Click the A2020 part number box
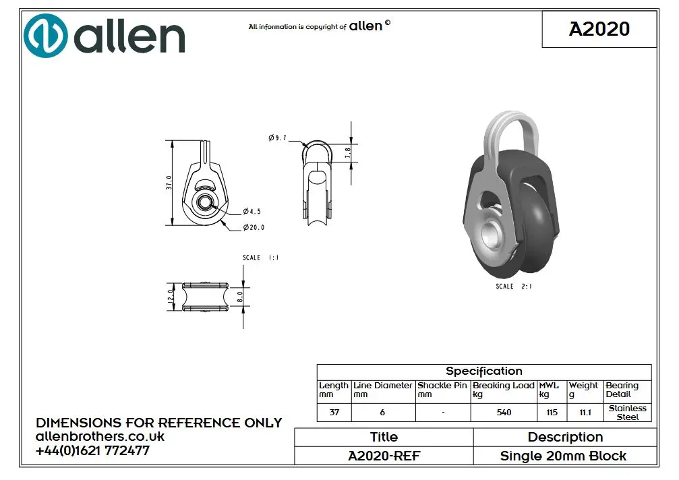tap(599, 29)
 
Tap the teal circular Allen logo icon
tap(45, 36)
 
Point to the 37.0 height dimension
tap(169, 183)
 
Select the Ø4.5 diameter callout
tap(252, 211)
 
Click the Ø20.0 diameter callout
tap(254, 227)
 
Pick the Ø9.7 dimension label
tap(278, 138)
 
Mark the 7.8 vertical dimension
tap(347, 153)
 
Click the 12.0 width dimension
tap(170, 297)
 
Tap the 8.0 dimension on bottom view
tap(240, 297)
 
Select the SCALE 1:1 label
tap(261, 258)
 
